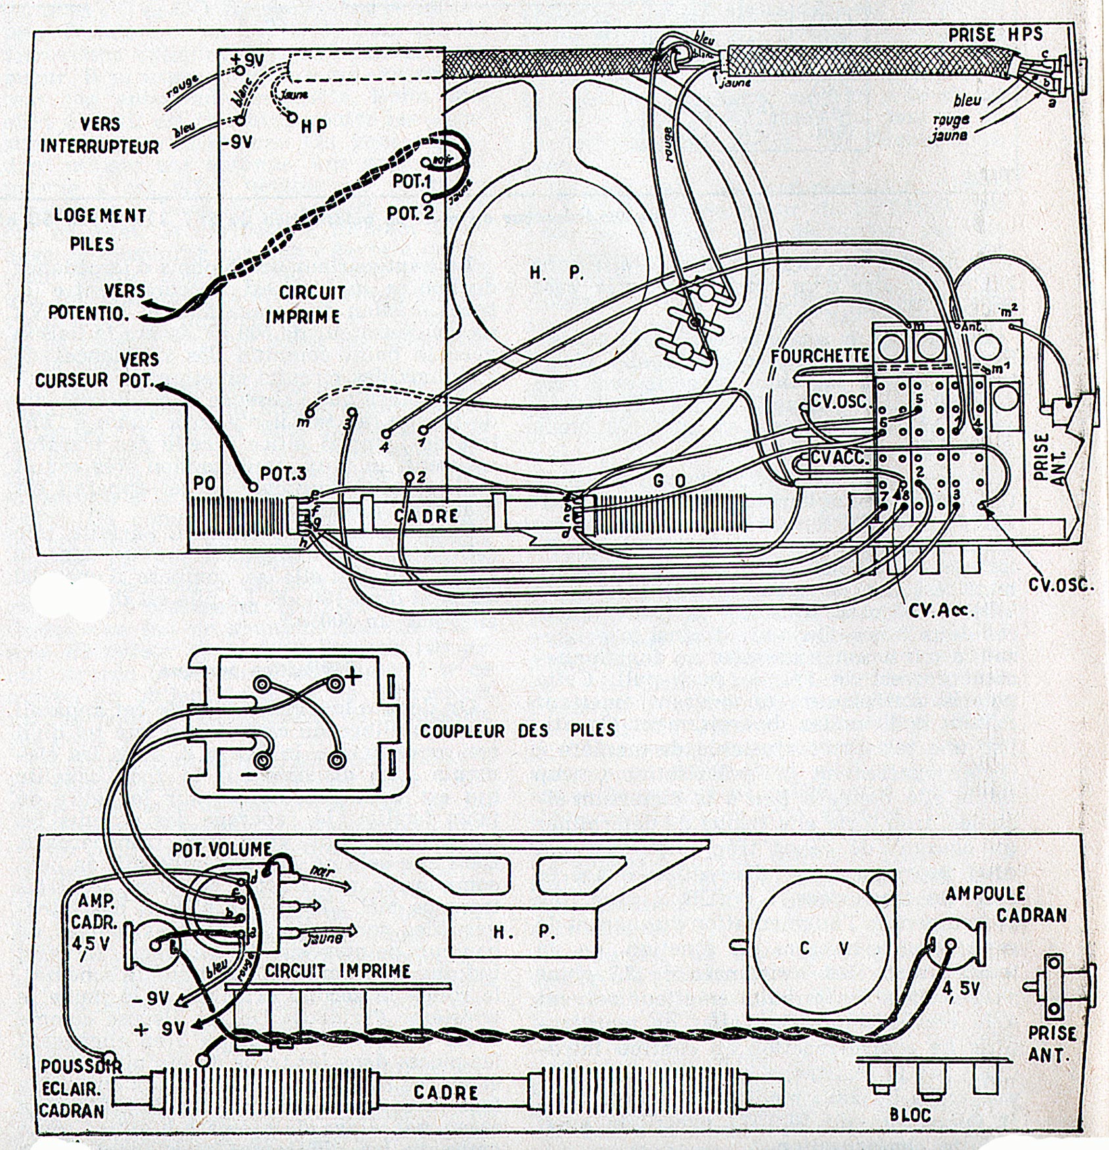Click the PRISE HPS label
pos(995,35)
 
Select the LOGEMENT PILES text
pos(100,229)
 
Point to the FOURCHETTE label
pos(820,356)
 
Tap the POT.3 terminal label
pos(283,473)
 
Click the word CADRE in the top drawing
pos(427,516)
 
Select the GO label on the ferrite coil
pos(669,482)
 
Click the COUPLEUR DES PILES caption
pos(517,730)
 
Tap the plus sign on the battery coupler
pos(353,676)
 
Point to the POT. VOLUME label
pos(222,850)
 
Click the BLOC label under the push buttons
pos(910,1115)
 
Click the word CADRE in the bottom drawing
pos(446,1093)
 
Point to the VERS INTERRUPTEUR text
pos(100,135)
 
